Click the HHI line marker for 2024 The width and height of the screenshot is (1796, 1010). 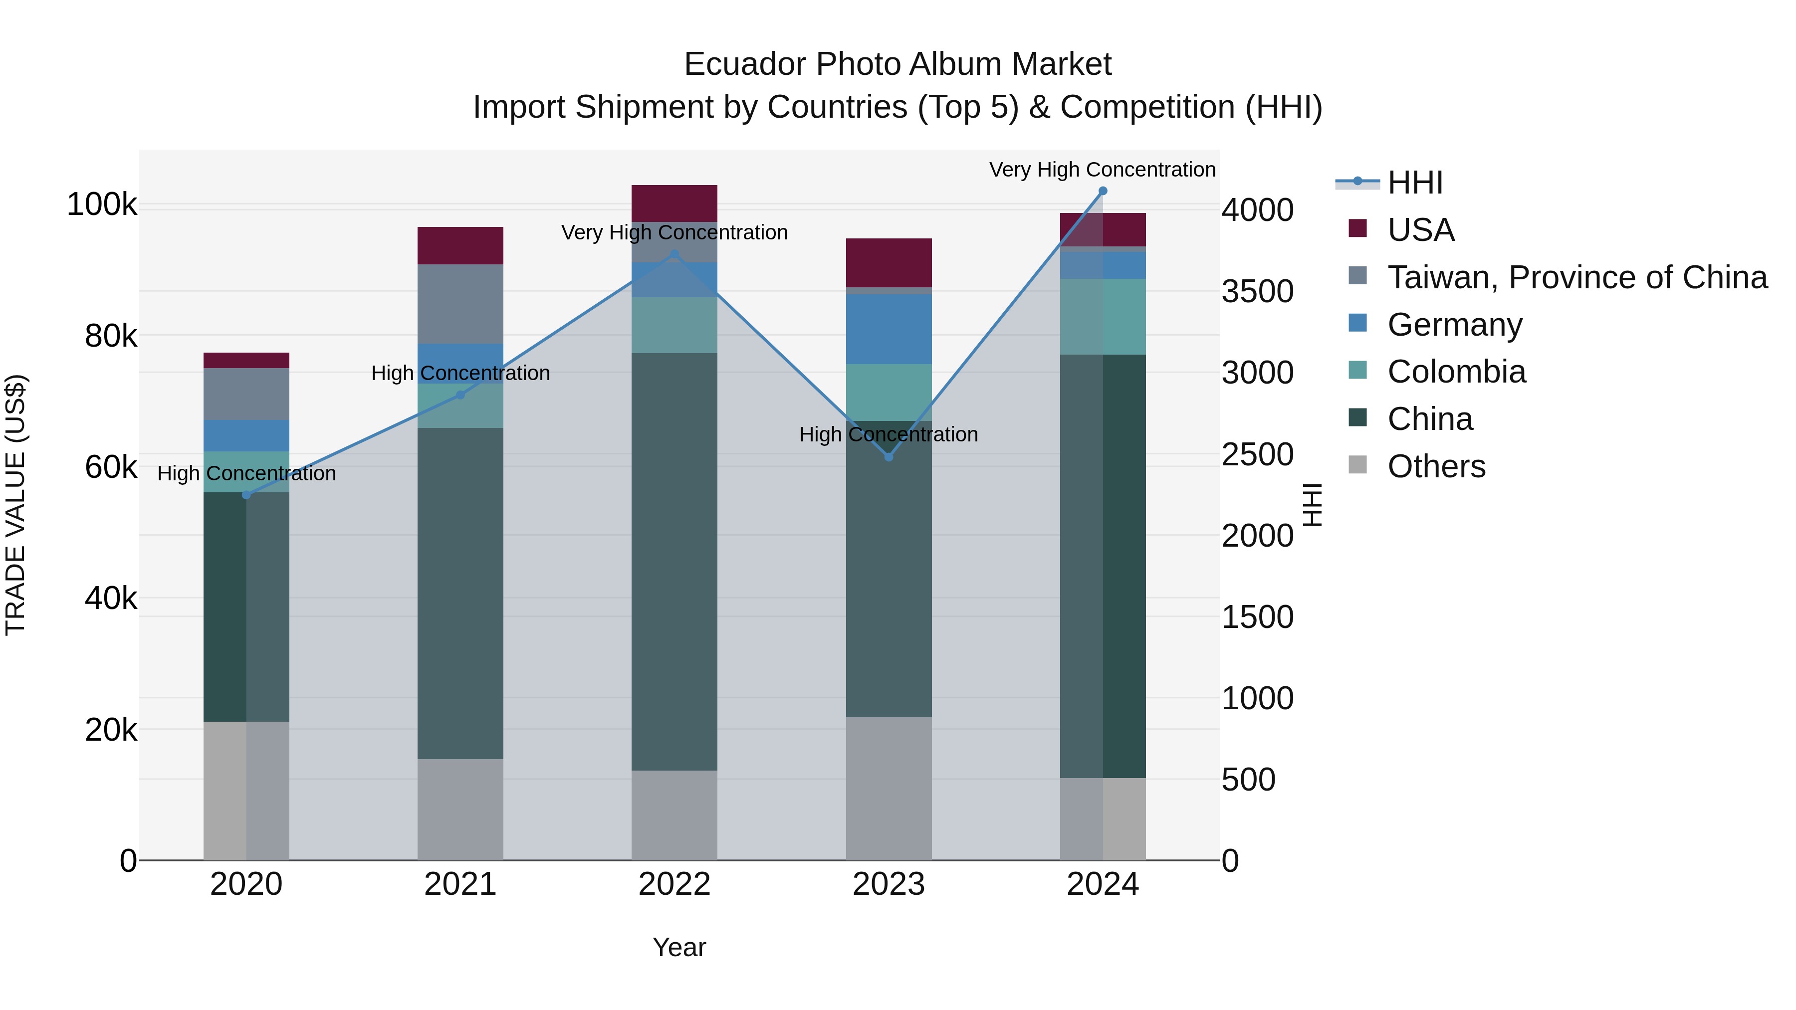tap(1102, 191)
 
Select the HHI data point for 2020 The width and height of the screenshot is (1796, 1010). tap(246, 495)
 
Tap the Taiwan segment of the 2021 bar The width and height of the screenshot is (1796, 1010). tap(460, 304)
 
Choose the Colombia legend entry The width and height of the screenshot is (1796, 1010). tap(1456, 372)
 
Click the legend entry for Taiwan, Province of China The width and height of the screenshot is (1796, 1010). tap(1576, 277)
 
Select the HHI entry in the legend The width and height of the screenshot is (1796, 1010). tap(1415, 183)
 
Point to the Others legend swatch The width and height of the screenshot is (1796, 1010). tap(1357, 465)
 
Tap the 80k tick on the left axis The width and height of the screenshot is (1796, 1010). tap(111, 336)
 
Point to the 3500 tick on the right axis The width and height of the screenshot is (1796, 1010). tap(1257, 291)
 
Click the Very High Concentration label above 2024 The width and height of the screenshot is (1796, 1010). tap(1102, 170)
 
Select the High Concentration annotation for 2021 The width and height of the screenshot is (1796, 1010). tap(460, 373)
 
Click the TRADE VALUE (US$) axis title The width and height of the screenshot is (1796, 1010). tap(15, 505)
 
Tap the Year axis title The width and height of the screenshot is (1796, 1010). tap(679, 947)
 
